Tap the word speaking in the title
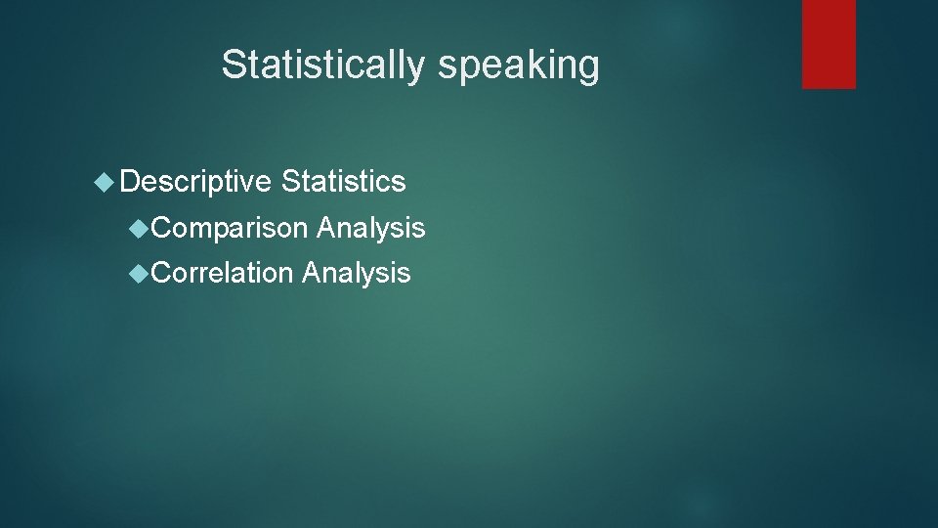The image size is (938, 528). coord(518,66)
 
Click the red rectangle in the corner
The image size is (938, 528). coord(829,44)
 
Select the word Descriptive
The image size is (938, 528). coord(196,181)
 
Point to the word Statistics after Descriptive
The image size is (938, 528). coord(343,181)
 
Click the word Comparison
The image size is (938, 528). coord(231,229)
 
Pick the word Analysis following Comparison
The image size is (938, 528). coord(371,229)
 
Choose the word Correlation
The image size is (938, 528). coord(224,273)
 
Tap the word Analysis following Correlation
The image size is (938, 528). coord(357,273)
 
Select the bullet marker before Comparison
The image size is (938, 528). coord(141,229)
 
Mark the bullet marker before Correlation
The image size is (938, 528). coord(141,273)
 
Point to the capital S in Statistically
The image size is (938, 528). coord(233,66)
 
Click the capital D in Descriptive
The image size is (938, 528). coord(133,181)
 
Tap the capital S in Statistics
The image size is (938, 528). coord(290,181)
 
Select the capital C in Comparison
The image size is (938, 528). coord(162,229)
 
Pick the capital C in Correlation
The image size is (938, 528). coord(162,273)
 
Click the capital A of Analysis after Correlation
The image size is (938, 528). coord(312,273)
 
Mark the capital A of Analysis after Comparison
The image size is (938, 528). coord(326,229)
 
